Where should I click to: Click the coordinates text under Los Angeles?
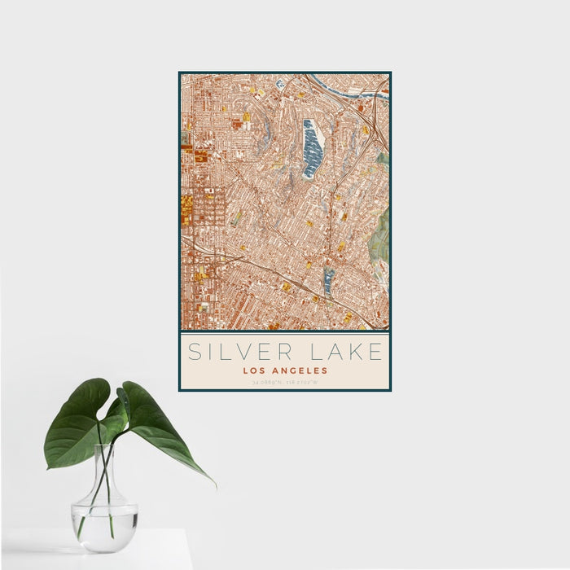click(285, 381)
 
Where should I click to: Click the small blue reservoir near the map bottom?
click(328, 282)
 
